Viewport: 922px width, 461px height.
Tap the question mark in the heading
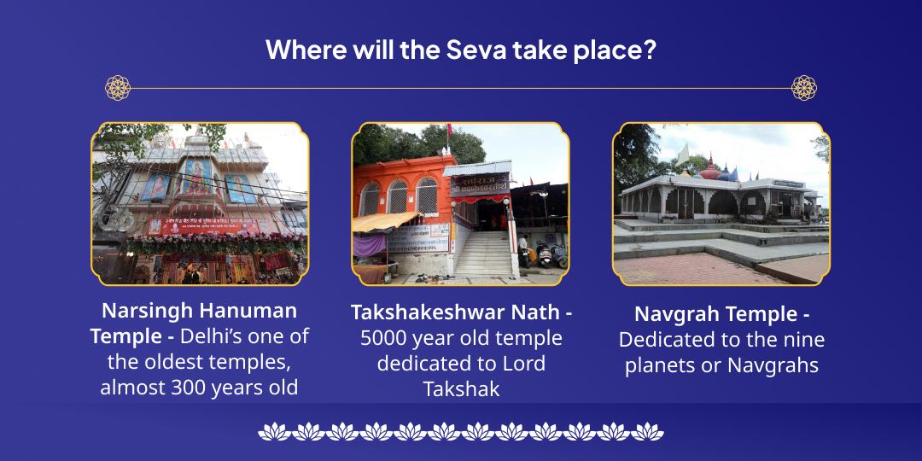649,49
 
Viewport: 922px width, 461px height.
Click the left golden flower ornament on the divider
118,88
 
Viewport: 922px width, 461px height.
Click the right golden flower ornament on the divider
803,88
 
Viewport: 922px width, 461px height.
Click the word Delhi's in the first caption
219,336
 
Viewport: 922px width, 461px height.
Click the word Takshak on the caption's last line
461,389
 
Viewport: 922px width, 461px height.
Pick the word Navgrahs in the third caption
773,365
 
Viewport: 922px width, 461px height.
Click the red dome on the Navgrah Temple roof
709,168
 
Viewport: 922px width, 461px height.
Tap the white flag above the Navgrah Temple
683,156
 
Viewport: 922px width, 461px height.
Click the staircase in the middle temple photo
483,252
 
